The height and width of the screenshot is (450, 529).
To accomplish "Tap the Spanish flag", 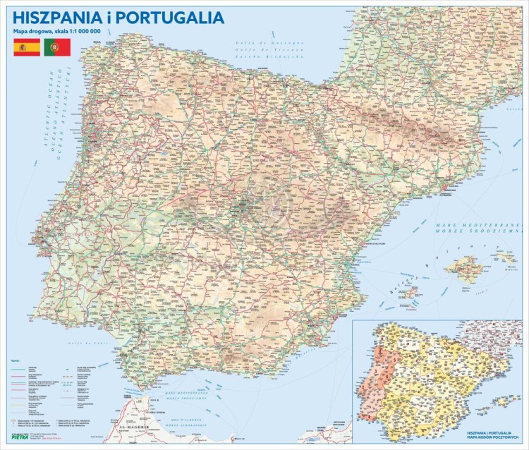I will click(x=27, y=47).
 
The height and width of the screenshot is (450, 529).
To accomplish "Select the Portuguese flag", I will click(x=56, y=47).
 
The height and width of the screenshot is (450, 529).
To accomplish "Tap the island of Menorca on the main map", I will click(x=508, y=257).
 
